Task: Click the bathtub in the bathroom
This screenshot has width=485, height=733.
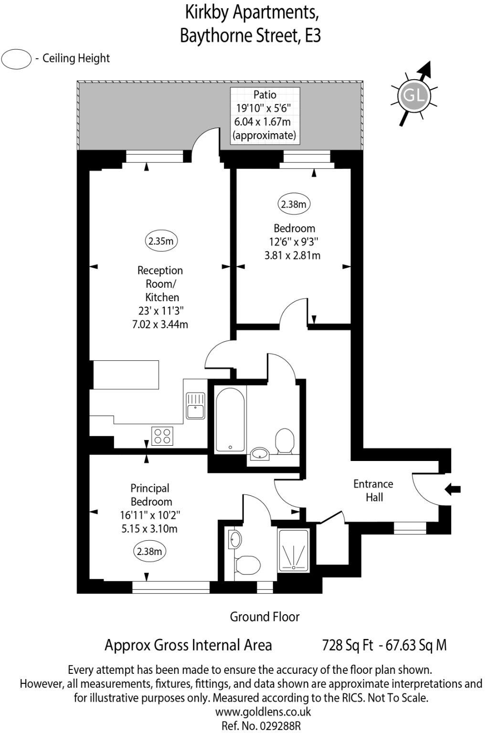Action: (230, 419)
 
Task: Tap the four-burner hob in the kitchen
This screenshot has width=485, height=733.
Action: (162, 436)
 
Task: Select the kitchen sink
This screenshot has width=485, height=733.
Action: (194, 405)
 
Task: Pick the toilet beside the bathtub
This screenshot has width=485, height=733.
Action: (285, 441)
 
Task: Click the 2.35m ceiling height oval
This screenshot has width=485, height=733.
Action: (160, 241)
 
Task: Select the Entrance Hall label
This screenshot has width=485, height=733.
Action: (373, 491)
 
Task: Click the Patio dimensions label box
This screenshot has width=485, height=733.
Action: (265, 115)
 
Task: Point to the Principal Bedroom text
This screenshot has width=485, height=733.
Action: (151, 495)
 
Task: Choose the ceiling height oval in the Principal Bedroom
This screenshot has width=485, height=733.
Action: (149, 552)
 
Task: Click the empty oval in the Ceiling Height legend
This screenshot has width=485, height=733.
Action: (17, 59)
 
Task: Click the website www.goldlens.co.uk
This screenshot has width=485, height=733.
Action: (263, 712)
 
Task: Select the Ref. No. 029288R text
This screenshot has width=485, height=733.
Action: (263, 726)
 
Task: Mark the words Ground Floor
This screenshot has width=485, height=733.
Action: (264, 617)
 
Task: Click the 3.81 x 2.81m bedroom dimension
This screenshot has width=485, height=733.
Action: (292, 255)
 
